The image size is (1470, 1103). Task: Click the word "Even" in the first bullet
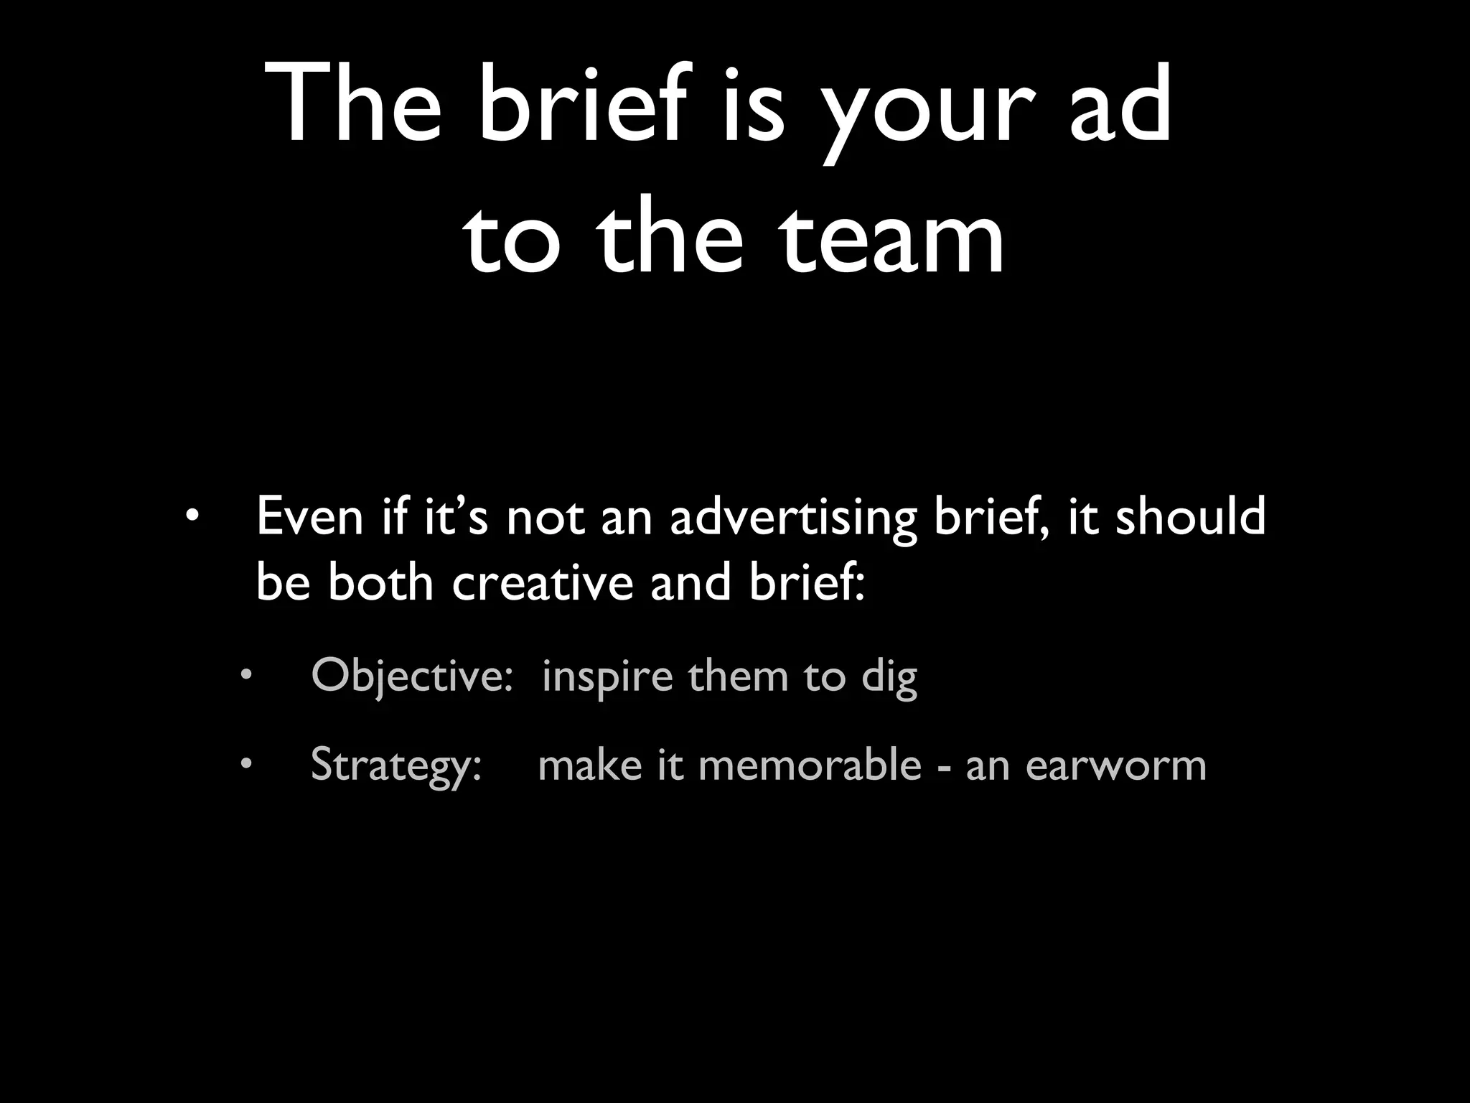(x=310, y=516)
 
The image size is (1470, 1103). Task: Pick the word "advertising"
(x=793, y=518)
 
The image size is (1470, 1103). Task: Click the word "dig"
(x=889, y=678)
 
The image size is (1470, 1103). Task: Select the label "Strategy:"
(x=395, y=765)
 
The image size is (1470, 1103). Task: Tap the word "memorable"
(x=809, y=764)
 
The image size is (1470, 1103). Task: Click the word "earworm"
(x=1115, y=765)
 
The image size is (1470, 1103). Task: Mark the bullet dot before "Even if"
(x=191, y=516)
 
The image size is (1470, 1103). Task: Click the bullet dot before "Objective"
(x=246, y=676)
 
